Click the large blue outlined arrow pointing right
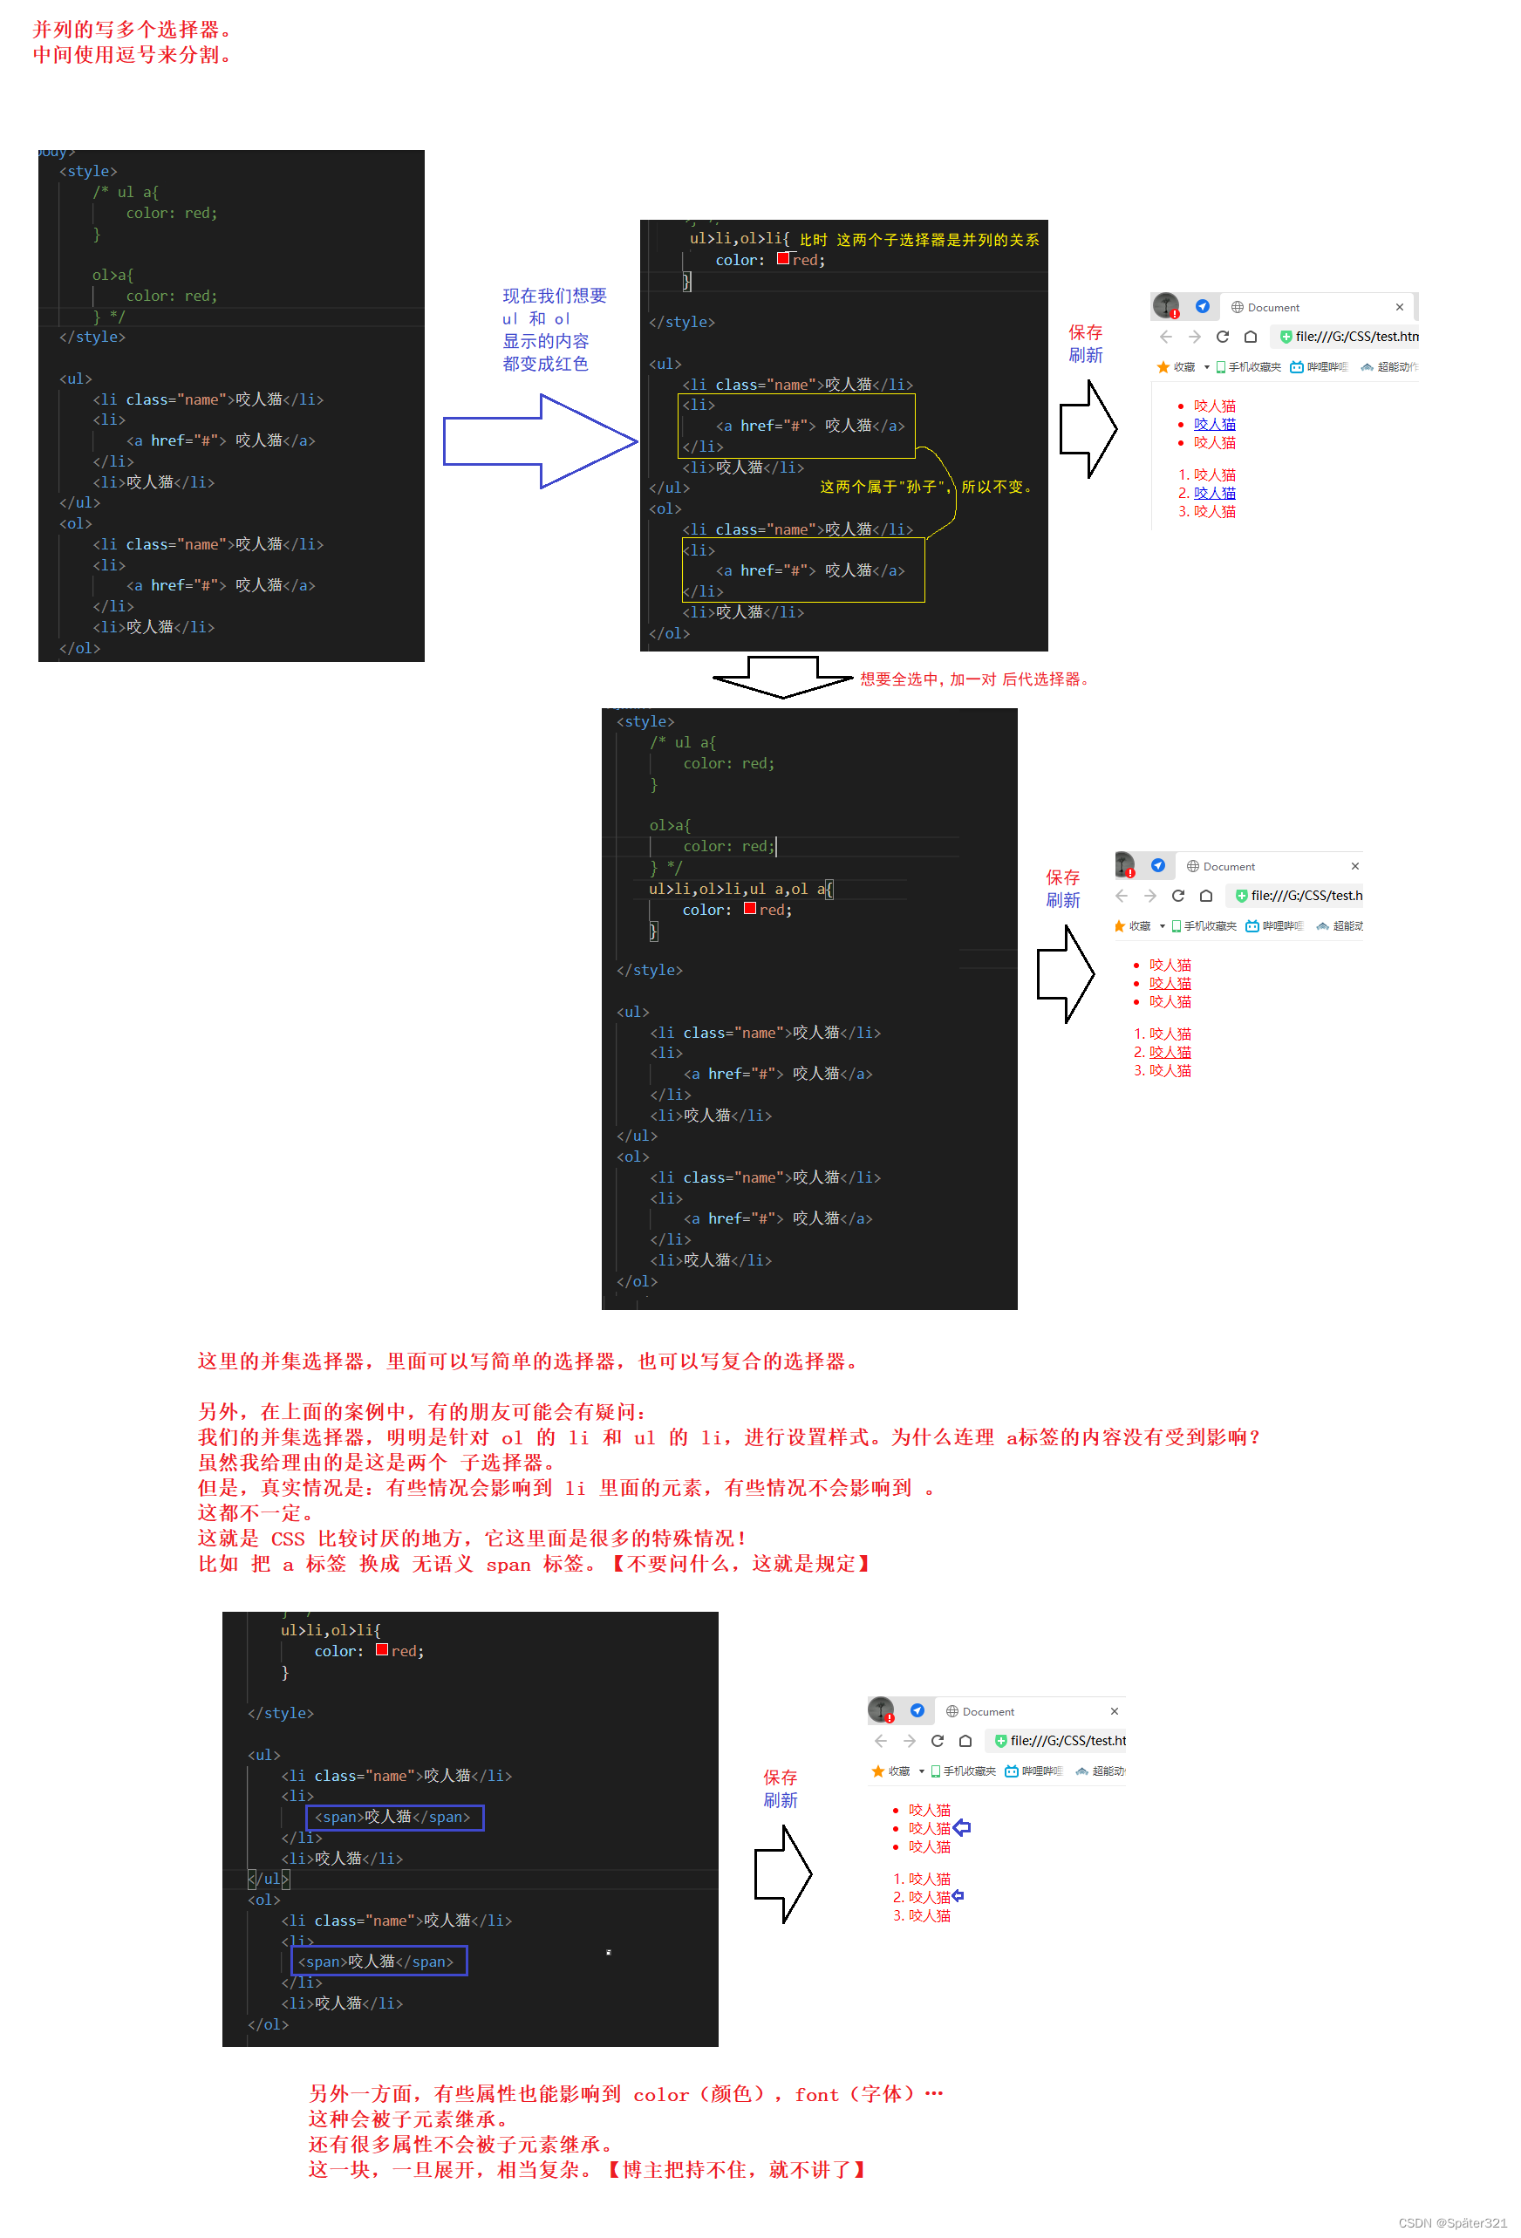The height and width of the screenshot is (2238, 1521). [x=539, y=441]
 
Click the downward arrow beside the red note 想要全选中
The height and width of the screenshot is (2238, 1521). [x=781, y=676]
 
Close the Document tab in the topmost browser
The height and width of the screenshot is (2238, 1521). [x=1399, y=307]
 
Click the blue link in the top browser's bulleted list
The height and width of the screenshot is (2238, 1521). [x=1214, y=425]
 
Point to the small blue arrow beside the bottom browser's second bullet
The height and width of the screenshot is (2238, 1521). [x=962, y=1828]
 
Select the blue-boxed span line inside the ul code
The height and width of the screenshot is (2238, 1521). [x=393, y=1817]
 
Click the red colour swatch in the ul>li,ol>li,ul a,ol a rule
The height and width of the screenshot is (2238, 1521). [x=750, y=909]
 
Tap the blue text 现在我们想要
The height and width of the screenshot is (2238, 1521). [x=555, y=296]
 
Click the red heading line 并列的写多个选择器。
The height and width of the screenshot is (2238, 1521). [x=132, y=30]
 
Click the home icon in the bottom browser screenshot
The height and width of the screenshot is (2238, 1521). [x=965, y=1741]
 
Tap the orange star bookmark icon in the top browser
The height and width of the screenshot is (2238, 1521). [x=1163, y=367]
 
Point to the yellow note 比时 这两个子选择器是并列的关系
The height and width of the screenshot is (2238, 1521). [x=918, y=240]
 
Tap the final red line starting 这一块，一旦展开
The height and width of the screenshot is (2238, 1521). [x=587, y=2170]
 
